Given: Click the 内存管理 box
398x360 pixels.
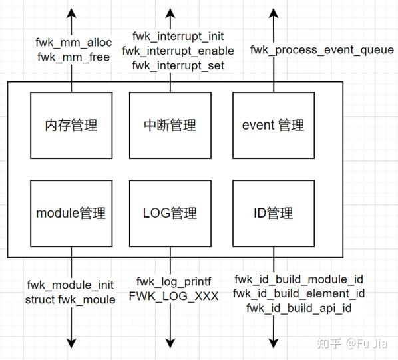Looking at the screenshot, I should click(71, 125).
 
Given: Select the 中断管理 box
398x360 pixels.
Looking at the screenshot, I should click(170, 125).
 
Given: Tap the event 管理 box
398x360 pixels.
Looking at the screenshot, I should click(273, 125).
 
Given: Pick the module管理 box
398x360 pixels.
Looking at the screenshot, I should click(71, 213).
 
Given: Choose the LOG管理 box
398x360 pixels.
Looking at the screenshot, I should click(170, 213).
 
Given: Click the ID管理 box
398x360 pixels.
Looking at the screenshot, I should click(273, 213).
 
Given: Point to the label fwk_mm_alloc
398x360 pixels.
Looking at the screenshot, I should click(73, 43).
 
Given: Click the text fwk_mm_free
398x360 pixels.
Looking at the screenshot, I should click(73, 57).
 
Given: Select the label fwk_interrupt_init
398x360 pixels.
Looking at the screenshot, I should click(177, 36).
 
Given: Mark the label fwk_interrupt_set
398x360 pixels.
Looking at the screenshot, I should click(178, 65).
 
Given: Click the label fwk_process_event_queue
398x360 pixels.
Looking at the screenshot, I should click(322, 50).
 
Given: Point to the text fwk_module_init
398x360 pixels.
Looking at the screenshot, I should click(71, 285).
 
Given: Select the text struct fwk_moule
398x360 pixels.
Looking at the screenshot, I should click(71, 299).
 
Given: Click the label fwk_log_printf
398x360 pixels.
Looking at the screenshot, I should click(174, 281).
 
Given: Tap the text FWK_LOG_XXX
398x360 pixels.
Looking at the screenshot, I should click(174, 297).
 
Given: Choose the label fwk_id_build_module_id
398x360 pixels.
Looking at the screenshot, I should click(299, 279).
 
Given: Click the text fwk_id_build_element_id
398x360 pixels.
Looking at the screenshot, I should click(299, 293).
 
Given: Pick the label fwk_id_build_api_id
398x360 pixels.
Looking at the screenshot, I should click(299, 308).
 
